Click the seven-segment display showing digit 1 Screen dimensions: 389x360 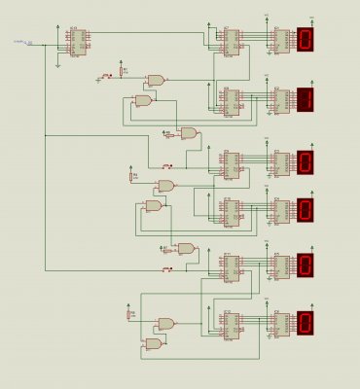click(306, 100)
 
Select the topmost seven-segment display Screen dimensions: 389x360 click(306, 40)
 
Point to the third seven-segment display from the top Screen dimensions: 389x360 click(306, 161)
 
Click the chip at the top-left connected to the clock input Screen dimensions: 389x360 click(79, 40)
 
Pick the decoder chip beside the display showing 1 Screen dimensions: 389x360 click(282, 100)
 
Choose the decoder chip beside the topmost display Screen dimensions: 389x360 click(282, 40)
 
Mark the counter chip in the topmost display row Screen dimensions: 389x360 click(232, 41)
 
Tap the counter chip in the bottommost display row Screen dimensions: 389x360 click(232, 324)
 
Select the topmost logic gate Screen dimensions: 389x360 click(157, 80)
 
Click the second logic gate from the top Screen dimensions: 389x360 click(144, 100)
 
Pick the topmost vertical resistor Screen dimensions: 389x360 click(123, 70)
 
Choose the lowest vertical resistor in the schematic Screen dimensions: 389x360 click(131, 314)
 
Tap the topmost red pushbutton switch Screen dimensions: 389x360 click(106, 77)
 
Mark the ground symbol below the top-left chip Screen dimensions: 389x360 click(58, 64)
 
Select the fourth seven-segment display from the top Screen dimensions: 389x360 click(306, 210)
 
